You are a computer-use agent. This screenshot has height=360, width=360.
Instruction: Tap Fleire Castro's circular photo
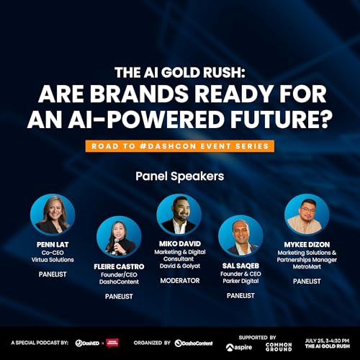(119, 239)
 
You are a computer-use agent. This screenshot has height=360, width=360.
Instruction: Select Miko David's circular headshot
(179, 215)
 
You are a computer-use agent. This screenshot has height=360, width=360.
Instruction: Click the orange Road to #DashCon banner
(179, 146)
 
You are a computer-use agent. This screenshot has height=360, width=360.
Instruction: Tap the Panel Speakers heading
(179, 175)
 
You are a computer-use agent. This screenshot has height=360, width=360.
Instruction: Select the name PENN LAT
(52, 245)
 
